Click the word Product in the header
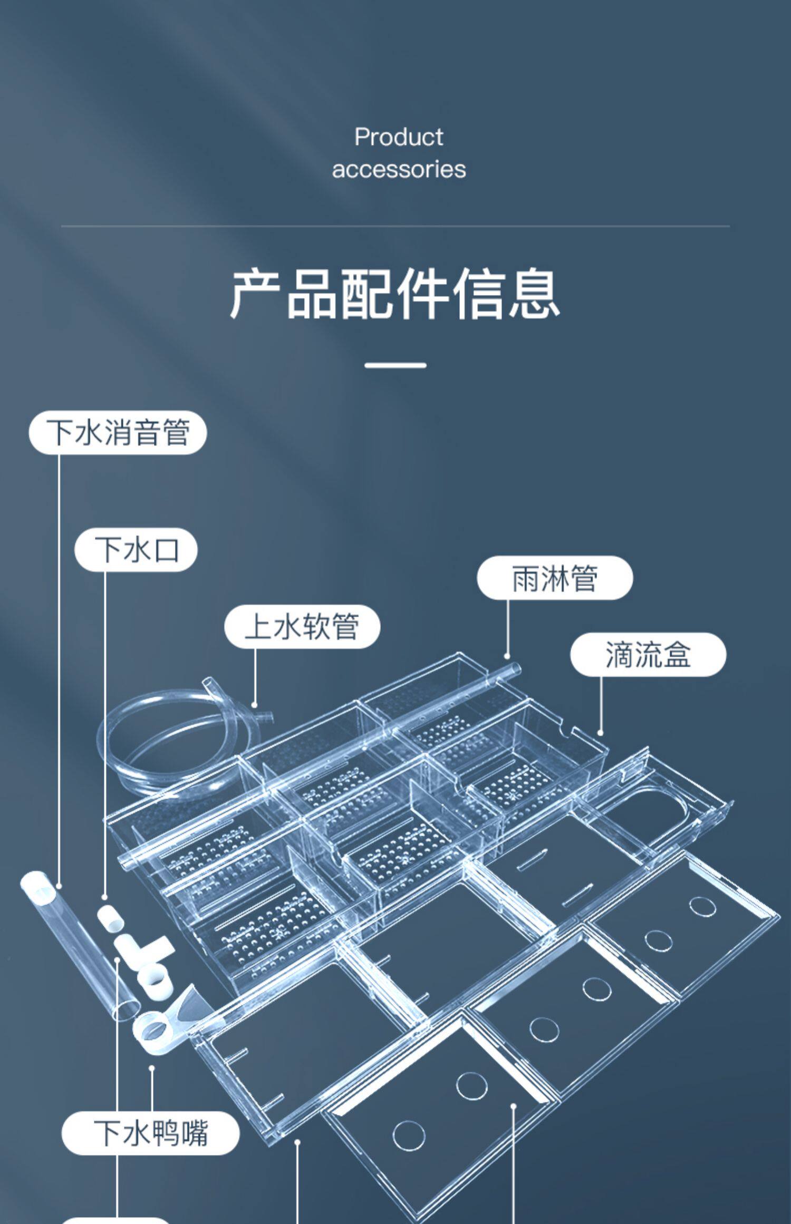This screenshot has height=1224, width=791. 399,137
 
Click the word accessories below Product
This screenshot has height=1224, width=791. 399,169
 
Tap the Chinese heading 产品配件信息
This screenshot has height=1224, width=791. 395,293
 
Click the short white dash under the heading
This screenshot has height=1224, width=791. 395,365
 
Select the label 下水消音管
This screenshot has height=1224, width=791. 118,432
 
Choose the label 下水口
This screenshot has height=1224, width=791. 136,549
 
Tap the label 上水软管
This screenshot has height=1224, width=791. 302,626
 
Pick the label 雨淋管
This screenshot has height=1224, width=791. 555,578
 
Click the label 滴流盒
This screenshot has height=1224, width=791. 648,655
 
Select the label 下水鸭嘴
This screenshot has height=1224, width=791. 151,1132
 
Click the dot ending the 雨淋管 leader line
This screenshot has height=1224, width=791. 508,657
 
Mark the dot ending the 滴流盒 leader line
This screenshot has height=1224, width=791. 601,733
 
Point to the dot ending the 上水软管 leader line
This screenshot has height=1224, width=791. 255,705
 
